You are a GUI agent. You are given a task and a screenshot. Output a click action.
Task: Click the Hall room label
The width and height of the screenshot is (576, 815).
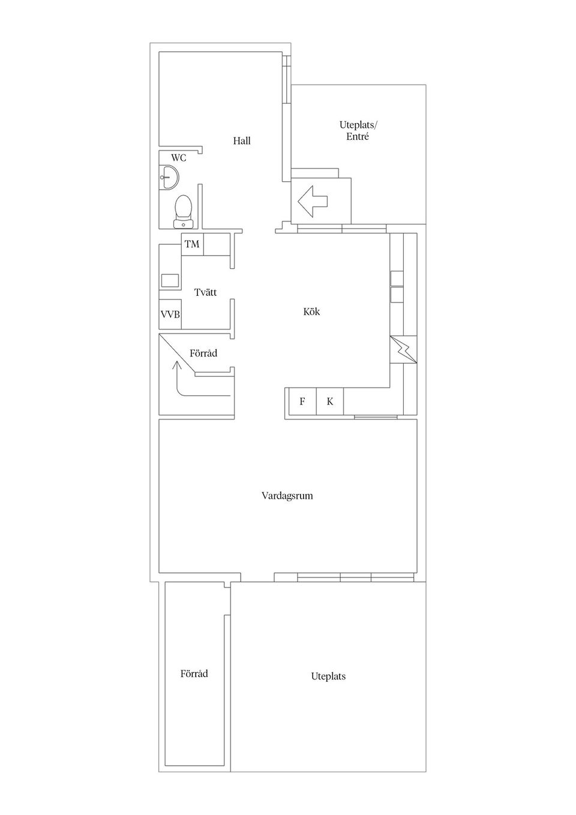point(242,141)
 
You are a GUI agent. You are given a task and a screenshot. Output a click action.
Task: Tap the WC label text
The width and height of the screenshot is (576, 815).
point(178,158)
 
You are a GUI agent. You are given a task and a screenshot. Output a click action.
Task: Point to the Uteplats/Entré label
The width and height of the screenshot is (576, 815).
point(358,131)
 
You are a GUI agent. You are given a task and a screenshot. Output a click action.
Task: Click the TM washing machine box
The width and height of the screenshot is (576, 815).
point(192,244)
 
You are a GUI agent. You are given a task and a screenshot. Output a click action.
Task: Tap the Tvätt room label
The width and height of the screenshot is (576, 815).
point(205,292)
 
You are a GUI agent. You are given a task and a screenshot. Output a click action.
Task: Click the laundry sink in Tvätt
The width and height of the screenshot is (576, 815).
point(170,280)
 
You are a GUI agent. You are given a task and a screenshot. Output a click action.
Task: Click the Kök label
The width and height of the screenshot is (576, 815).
point(311,311)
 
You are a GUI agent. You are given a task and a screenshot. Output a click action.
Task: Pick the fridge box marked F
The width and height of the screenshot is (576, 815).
point(302,401)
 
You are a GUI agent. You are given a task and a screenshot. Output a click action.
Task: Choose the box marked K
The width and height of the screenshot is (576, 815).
point(330,401)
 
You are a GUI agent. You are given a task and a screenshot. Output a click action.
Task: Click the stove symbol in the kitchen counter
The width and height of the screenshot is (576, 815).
point(403,349)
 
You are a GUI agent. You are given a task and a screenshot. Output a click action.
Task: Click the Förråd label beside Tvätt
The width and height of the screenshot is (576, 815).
point(203,353)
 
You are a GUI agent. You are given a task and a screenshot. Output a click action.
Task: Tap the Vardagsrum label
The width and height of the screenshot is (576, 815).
point(287,496)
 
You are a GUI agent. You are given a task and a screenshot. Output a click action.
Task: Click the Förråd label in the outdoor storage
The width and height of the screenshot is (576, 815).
point(194,674)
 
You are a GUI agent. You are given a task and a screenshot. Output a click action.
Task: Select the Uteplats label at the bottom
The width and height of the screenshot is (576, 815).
point(328,676)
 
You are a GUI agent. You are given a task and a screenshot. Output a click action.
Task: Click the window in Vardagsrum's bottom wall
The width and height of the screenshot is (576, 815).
point(355,577)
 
